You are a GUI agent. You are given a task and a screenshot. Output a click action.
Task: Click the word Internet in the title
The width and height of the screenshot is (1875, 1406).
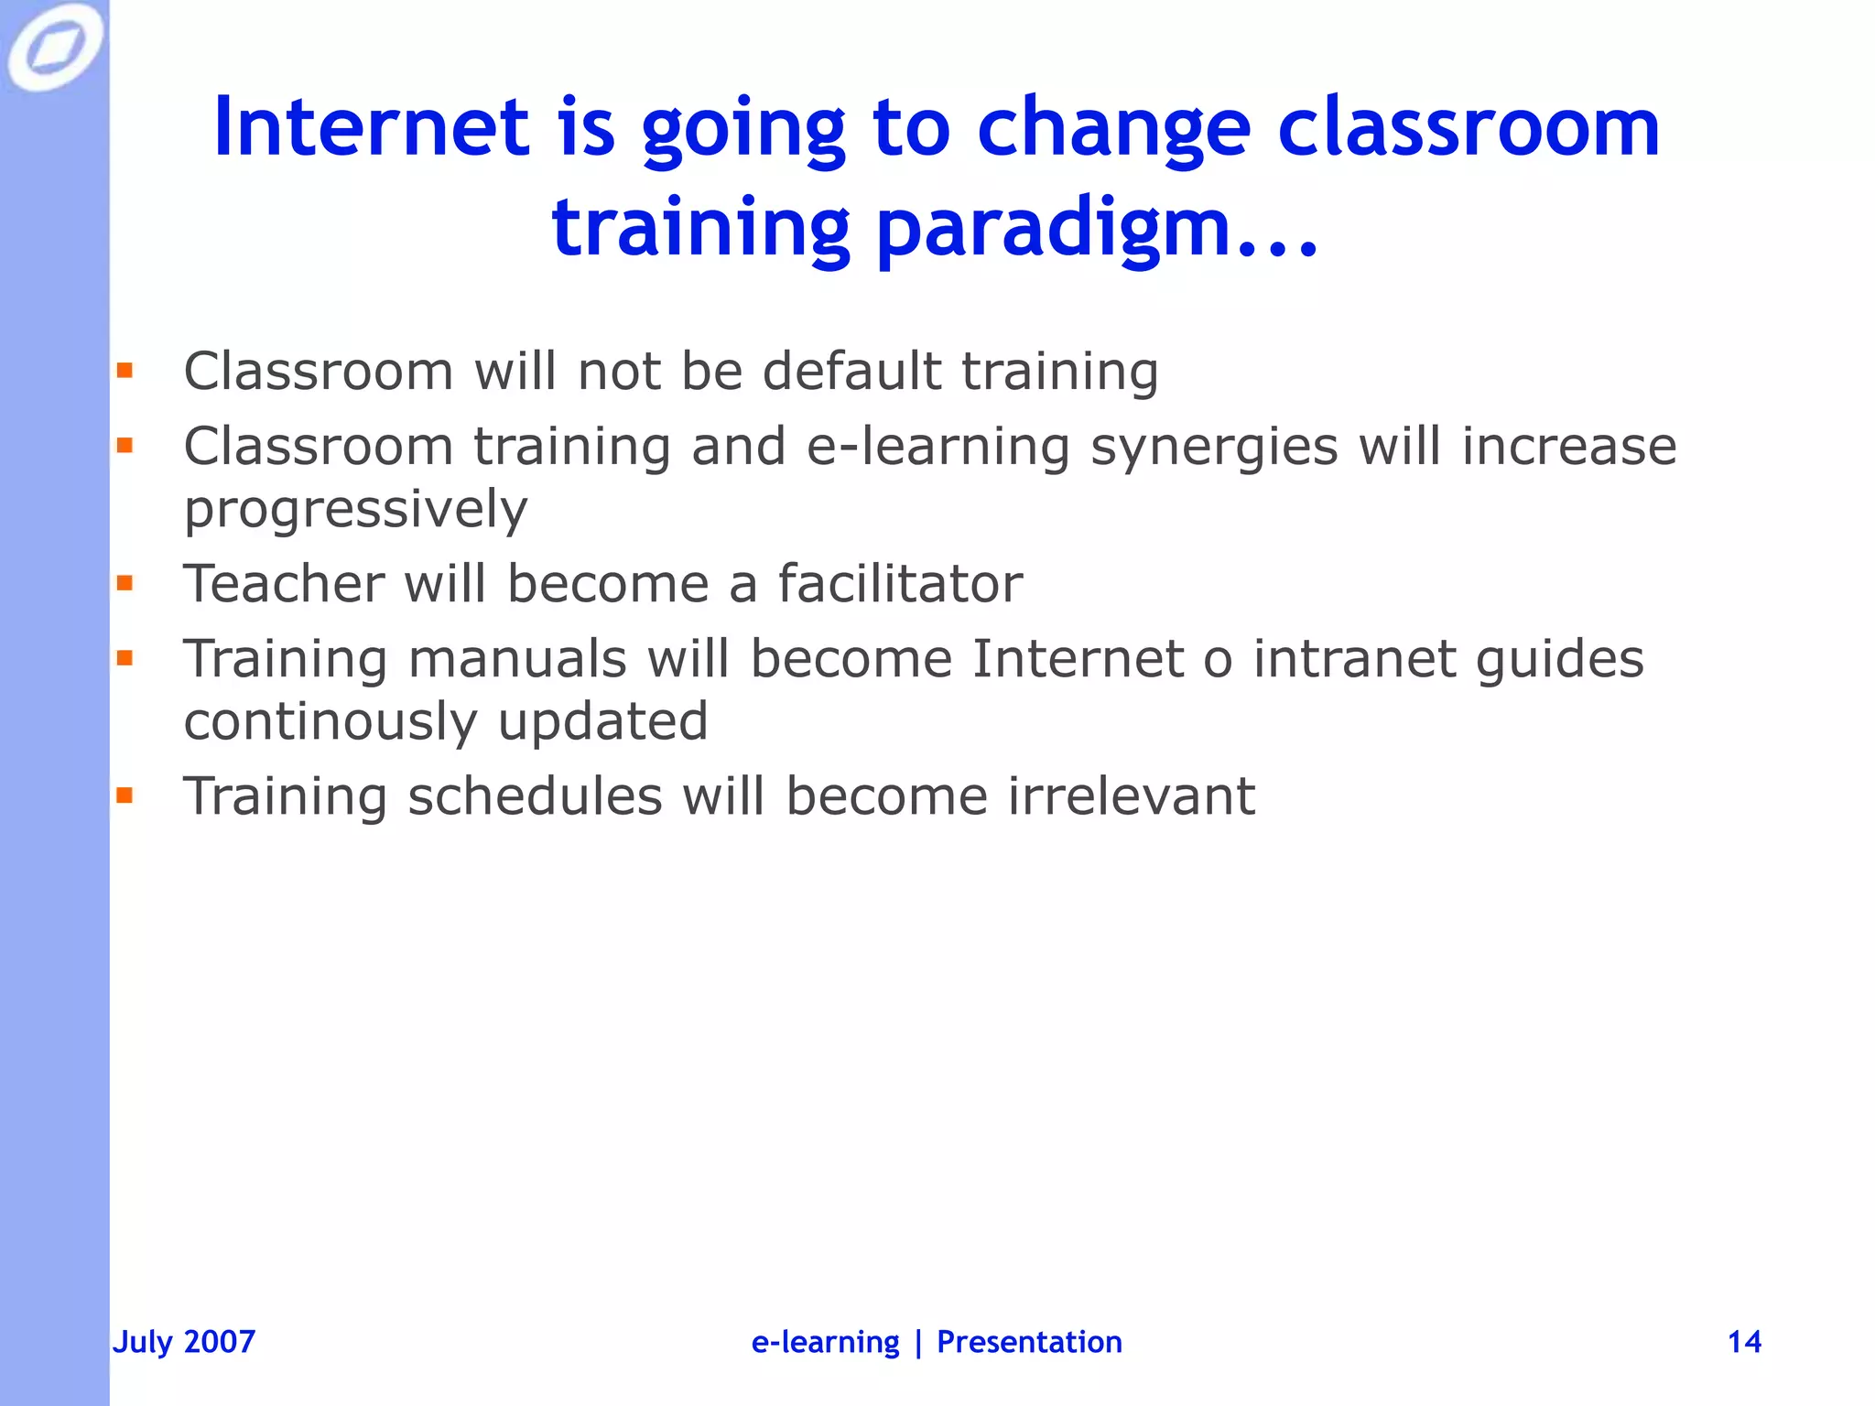372,127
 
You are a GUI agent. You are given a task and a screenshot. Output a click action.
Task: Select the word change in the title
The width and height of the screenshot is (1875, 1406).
1112,129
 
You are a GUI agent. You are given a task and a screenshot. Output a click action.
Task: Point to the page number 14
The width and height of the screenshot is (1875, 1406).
1744,1342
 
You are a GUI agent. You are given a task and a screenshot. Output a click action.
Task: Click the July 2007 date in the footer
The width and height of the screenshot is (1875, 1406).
183,1342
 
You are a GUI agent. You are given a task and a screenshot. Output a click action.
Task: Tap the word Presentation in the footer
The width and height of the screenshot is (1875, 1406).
1029,1342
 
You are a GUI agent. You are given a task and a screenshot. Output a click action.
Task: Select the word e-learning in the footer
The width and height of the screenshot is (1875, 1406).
825,1342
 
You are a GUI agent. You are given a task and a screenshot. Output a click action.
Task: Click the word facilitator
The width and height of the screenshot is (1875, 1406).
900,584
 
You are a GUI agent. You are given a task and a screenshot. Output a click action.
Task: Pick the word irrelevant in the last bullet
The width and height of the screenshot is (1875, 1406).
1132,795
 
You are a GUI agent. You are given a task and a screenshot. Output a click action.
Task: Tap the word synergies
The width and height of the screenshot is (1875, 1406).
1214,448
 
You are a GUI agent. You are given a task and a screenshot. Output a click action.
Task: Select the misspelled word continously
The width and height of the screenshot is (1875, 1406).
331,721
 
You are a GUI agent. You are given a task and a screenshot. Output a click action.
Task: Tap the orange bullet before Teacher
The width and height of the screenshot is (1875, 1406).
125,583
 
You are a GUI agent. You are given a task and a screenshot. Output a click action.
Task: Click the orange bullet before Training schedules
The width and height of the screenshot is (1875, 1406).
125,795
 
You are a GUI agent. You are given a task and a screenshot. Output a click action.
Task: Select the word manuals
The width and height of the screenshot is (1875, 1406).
517,659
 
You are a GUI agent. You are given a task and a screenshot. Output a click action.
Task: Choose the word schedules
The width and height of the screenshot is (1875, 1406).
535,795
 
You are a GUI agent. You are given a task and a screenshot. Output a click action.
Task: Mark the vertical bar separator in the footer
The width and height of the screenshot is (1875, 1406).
918,1342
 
